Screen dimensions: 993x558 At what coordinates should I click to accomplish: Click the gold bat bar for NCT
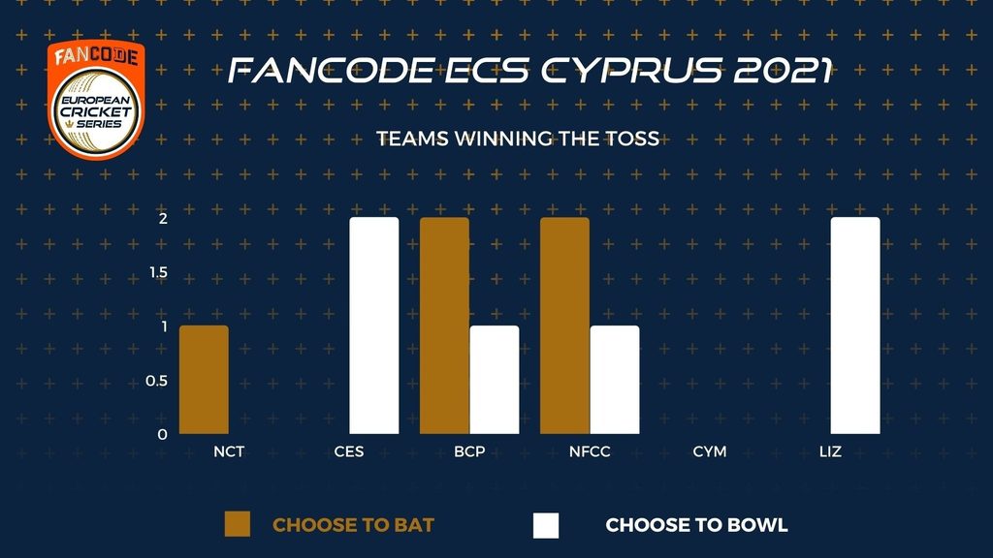coord(204,380)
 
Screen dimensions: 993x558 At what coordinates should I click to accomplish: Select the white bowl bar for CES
coord(374,325)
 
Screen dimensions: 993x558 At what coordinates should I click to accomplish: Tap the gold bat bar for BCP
coord(444,325)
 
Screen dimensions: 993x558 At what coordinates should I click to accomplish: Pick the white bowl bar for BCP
coord(494,380)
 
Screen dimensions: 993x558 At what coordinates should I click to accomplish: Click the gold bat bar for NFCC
coord(565,325)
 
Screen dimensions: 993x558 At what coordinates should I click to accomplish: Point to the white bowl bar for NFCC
coord(614,380)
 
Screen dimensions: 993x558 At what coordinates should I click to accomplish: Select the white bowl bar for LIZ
coord(855,325)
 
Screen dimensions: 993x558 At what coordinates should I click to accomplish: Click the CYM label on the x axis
coord(709,451)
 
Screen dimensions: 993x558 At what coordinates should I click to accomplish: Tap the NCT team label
coord(229,451)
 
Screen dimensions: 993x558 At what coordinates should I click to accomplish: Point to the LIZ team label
coord(830,451)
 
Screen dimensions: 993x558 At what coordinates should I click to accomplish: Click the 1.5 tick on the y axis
coord(159,272)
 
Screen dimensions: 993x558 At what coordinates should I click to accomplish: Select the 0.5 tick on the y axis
coord(157,381)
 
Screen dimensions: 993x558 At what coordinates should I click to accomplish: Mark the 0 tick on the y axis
coord(163,435)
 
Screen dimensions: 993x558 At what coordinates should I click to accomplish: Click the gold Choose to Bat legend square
coord(238,524)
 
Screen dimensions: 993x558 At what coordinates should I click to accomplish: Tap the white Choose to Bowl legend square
coord(546,525)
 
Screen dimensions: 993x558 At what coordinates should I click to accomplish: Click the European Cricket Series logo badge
coord(96,100)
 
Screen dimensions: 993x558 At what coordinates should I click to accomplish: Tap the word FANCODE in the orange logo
coord(96,56)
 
